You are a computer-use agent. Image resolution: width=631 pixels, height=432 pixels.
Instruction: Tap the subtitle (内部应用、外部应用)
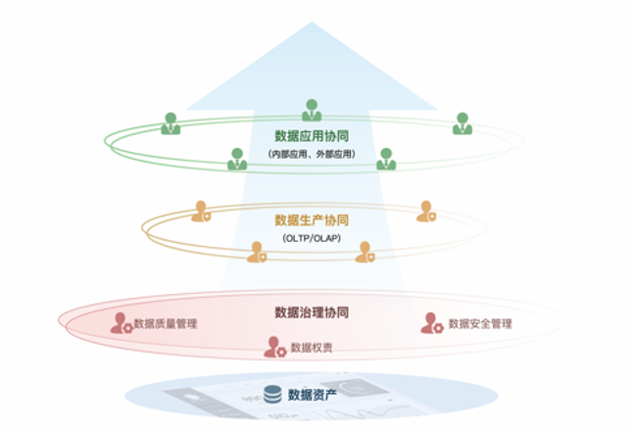click(312, 155)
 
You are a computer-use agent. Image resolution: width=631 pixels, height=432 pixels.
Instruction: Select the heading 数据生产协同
click(312, 220)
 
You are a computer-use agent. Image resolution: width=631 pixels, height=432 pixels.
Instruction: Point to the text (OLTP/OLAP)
click(312, 237)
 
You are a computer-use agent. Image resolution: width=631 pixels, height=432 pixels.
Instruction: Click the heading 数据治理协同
click(312, 313)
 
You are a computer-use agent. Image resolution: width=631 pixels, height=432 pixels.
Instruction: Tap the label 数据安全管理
click(480, 323)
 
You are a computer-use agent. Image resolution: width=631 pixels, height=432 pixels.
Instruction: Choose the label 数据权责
click(312, 348)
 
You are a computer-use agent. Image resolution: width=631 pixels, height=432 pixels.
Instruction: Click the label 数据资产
click(313, 395)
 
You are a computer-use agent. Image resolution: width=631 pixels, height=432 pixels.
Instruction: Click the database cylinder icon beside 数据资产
click(271, 395)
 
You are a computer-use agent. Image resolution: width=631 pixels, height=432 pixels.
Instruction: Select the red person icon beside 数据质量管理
click(121, 323)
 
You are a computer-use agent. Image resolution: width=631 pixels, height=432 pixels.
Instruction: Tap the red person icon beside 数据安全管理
click(432, 323)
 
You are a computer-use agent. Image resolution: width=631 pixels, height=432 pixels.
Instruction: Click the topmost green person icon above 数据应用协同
click(312, 111)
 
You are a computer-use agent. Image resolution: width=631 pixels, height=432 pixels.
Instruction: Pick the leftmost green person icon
click(170, 123)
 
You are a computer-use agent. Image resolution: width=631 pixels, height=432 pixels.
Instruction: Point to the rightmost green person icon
click(461, 123)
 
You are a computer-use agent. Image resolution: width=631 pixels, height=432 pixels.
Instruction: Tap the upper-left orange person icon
click(201, 212)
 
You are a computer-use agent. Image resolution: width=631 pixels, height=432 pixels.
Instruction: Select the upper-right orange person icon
click(426, 212)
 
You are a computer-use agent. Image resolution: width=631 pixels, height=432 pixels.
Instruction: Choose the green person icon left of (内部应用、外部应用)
click(237, 159)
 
